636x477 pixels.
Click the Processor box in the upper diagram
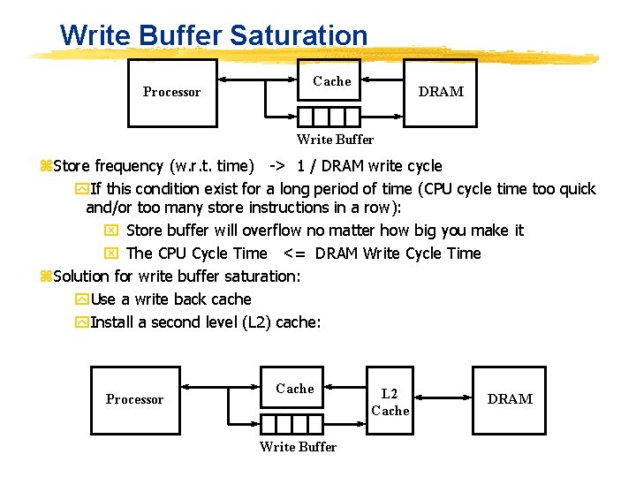pos(171,92)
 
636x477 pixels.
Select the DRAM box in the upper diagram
pos(440,92)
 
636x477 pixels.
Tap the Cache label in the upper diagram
pos(332,81)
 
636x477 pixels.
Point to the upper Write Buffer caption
pos(335,140)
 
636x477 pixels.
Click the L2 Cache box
pos(390,402)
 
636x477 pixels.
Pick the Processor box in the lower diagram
pos(134,399)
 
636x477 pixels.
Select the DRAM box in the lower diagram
pos(510,399)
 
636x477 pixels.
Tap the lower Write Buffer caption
pos(298,447)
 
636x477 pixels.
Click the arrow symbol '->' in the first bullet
pos(277,166)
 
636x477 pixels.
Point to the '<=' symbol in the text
pos(295,254)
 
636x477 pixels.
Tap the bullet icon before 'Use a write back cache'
pos(82,299)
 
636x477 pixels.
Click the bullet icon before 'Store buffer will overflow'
pos(110,231)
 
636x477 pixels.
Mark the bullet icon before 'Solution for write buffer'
pos(46,276)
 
